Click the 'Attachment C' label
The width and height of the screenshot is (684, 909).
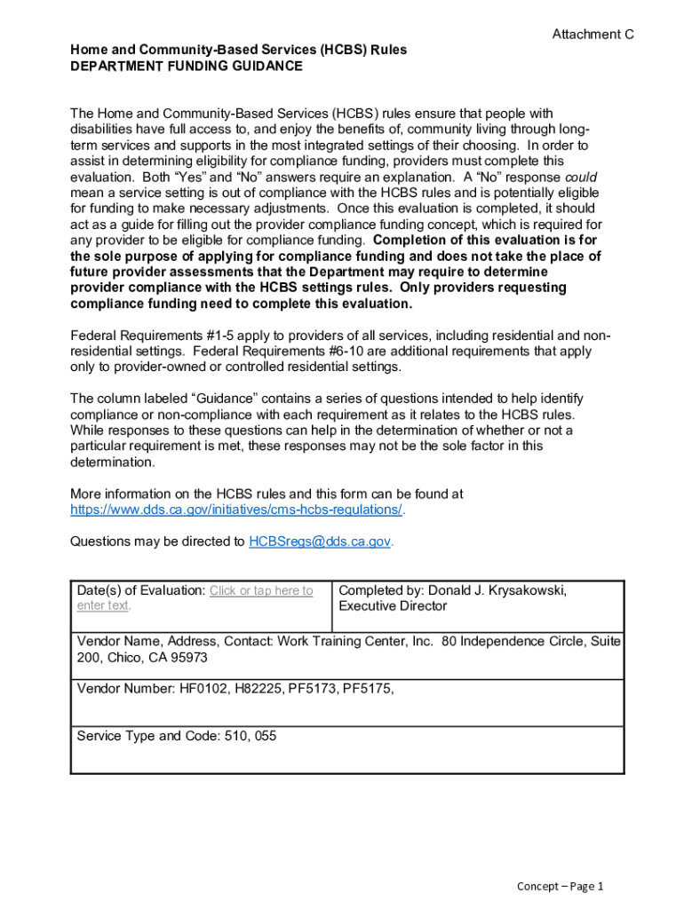click(593, 35)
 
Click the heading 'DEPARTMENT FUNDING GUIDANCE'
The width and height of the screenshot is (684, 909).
click(187, 67)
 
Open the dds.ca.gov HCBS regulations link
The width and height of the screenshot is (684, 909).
click(236, 510)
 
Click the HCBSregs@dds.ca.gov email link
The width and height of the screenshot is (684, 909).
click(319, 541)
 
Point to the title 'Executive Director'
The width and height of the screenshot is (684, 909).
click(393, 606)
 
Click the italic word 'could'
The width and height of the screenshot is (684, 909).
click(580, 177)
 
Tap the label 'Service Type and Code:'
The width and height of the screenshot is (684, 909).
click(147, 736)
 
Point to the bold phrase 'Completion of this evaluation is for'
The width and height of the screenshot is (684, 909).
click(487, 241)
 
